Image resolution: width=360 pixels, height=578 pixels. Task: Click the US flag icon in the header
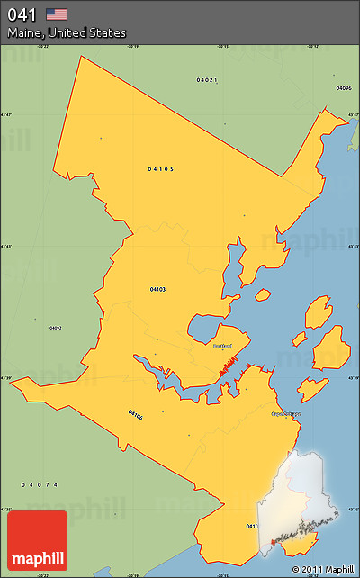pos(57,14)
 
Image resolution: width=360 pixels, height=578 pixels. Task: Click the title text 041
pos(21,14)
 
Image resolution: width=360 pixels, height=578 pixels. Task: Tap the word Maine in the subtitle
pos(25,33)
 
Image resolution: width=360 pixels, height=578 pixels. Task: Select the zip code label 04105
pos(160,168)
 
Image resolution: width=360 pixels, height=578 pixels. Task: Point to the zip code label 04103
pos(157,289)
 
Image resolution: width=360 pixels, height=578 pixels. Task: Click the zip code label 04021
pos(207,80)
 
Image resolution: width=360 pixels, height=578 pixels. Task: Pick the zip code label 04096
pos(343,88)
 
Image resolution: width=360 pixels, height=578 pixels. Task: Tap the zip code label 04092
pos(55,327)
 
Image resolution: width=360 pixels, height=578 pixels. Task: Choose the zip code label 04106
pos(135,415)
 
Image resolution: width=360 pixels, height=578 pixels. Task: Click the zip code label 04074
pos(40,484)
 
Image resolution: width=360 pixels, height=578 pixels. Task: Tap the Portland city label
pos(222,346)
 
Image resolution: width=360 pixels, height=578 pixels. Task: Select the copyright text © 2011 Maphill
pos(322,569)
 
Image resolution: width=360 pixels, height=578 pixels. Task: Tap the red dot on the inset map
pos(274,542)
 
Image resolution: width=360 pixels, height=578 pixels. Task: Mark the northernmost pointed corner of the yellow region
pos(81,56)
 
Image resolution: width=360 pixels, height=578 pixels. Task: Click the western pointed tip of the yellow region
pos(12,381)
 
